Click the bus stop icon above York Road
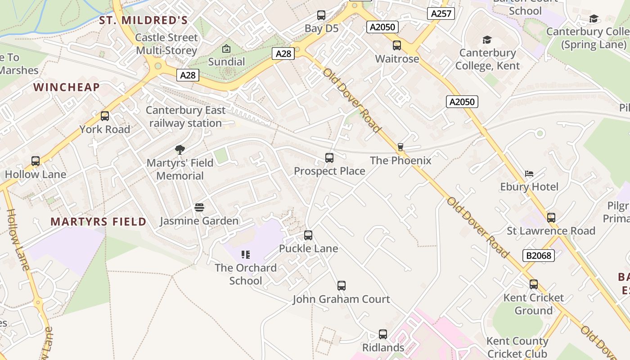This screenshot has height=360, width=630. coord(105,116)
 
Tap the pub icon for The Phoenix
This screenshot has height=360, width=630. coord(400,147)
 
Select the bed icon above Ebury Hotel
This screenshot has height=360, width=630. coord(529,174)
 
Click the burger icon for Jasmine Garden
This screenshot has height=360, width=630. coord(199,207)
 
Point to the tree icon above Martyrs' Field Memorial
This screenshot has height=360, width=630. coord(180,149)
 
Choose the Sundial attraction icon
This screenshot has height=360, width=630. coord(226,49)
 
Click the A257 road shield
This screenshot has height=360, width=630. coord(441,13)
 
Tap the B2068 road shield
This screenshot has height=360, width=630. coord(538,256)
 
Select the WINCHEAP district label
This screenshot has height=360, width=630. coord(67,87)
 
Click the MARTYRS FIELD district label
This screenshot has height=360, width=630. coord(98,221)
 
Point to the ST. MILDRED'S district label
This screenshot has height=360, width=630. coord(143,20)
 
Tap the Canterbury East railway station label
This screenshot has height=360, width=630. coord(185,117)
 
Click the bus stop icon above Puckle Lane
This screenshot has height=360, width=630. coord(308,235)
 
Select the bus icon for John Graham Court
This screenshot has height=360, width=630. coord(342,286)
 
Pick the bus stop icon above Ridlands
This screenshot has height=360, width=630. coord(383,334)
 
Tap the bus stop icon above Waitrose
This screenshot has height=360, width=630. coord(397,45)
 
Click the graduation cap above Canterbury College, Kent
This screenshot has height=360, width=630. coord(487,40)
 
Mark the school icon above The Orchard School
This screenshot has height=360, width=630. coord(246,255)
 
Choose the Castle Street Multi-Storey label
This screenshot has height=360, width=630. coord(166,44)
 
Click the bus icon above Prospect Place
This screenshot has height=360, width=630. coord(329,158)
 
